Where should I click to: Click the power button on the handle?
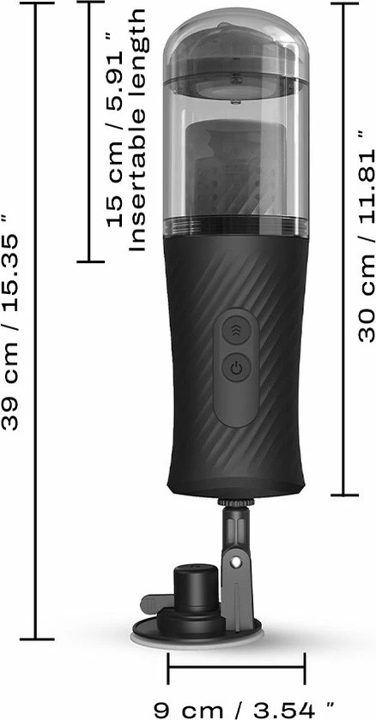[236, 369]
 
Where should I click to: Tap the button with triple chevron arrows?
[236, 329]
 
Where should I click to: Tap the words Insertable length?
[137, 130]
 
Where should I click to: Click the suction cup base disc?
[197, 638]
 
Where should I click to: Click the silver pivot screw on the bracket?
[236, 562]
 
